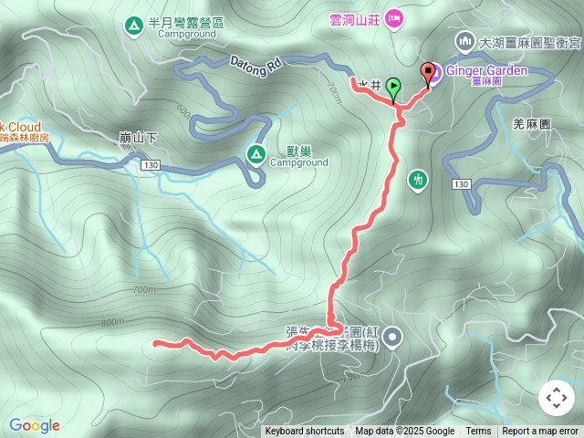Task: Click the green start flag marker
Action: (393, 89)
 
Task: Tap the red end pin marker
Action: (427, 73)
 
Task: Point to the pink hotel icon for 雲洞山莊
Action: (394, 17)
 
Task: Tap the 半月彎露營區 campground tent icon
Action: (134, 24)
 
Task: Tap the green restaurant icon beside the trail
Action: (418, 179)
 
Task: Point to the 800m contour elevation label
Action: (112, 322)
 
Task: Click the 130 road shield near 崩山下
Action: (151, 164)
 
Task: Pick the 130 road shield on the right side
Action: (460, 184)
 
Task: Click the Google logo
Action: (35, 425)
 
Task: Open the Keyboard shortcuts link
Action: (304, 432)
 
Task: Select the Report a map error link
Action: (540, 432)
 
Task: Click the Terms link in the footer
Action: (478, 432)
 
